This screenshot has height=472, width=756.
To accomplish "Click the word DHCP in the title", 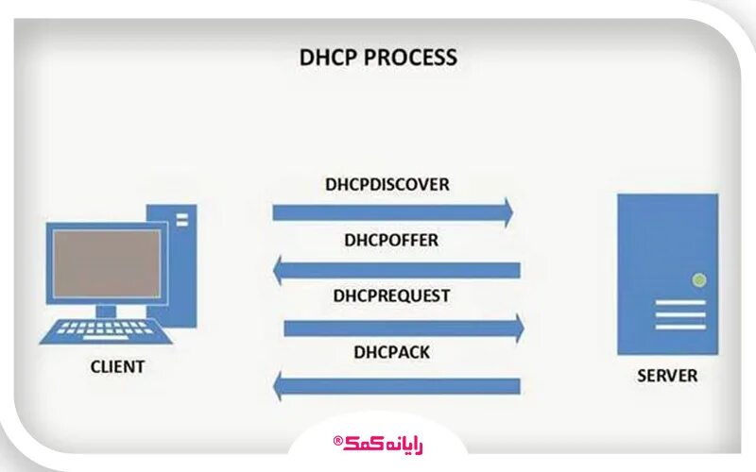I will click(x=324, y=58).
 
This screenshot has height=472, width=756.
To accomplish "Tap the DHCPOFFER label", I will click(x=391, y=240).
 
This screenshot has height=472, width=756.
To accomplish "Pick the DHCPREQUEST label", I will click(x=391, y=295).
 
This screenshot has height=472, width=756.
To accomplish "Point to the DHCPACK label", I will click(x=391, y=352).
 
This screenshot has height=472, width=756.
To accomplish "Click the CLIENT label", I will click(x=117, y=366).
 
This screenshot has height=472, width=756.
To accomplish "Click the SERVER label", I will click(x=667, y=375).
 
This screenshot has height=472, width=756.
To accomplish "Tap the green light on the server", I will click(x=698, y=279).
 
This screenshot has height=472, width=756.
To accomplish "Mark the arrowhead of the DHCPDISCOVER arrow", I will click(x=508, y=212).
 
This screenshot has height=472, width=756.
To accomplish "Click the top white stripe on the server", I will click(x=680, y=303).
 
